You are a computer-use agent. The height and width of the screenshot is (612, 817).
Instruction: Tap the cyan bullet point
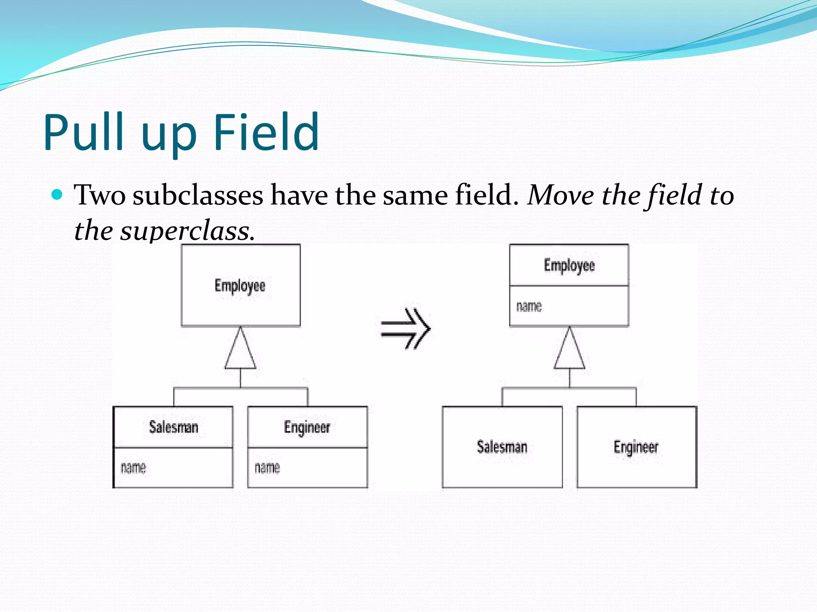[x=57, y=195]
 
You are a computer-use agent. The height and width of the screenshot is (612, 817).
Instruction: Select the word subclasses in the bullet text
[x=198, y=195]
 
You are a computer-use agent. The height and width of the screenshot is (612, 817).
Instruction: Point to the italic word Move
[x=560, y=195]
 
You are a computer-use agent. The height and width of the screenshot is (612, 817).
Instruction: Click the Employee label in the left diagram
[x=240, y=286]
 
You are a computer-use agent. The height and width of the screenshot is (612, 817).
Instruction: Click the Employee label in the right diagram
[x=569, y=265]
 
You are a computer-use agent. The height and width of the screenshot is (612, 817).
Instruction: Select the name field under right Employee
[x=529, y=306]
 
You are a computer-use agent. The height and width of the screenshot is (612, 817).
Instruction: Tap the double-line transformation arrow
[x=406, y=329]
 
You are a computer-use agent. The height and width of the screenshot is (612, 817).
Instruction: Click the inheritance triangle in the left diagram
[x=240, y=351]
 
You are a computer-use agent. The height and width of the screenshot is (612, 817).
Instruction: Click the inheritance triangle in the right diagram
[x=569, y=351]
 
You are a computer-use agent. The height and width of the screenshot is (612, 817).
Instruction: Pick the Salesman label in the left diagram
[x=174, y=427]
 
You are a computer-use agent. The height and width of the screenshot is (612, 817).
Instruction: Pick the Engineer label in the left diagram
[x=307, y=427]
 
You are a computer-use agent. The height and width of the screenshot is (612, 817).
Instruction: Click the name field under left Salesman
[x=133, y=467]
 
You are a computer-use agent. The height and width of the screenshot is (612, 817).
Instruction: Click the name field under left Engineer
[x=267, y=467]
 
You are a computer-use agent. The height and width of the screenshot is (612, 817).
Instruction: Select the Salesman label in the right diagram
[x=502, y=447]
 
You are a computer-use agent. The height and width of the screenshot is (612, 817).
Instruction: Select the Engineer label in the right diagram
[x=636, y=447]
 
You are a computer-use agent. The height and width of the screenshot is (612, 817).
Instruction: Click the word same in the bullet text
[x=415, y=195]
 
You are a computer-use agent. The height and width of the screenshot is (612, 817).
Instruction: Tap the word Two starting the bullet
[x=100, y=195]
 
